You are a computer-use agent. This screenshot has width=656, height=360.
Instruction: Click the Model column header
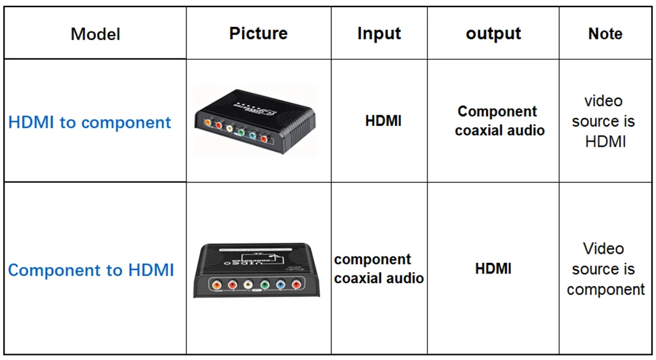(x=95, y=34)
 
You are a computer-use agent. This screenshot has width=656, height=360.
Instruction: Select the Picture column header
(x=258, y=33)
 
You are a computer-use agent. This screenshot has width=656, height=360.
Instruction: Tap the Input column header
(x=379, y=33)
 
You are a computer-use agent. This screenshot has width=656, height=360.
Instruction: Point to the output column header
(x=493, y=33)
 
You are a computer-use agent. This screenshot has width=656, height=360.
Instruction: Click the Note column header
(x=605, y=33)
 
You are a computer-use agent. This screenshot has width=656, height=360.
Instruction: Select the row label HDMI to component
(x=90, y=123)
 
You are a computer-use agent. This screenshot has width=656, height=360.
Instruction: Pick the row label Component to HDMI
(x=91, y=270)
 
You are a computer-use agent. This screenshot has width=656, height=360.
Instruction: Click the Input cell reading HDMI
(x=383, y=121)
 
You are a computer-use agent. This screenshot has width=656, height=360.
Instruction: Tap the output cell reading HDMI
(x=493, y=268)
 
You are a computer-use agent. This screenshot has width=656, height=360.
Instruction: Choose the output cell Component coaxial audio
(x=499, y=121)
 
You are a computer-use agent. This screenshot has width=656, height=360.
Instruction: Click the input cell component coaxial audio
(x=379, y=269)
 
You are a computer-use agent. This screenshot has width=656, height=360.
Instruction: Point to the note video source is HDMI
(x=604, y=121)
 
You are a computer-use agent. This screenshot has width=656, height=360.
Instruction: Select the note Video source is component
(x=605, y=269)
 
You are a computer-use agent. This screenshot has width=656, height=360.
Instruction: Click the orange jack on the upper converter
(x=207, y=122)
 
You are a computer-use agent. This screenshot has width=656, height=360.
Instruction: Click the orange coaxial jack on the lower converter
(x=215, y=285)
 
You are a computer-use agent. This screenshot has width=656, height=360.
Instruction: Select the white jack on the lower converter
(x=247, y=285)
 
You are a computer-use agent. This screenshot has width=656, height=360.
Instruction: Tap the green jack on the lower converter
(x=264, y=285)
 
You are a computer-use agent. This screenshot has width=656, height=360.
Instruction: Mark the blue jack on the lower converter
(x=280, y=285)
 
